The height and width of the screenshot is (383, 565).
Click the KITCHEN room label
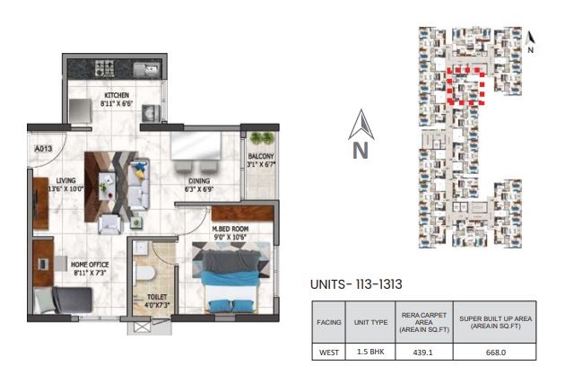tap(117, 95)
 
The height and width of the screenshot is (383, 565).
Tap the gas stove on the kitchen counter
tap(105, 68)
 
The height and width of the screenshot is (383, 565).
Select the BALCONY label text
tap(261, 156)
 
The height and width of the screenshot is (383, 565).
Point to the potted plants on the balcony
tap(262, 138)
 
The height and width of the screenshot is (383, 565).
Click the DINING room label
tap(199, 181)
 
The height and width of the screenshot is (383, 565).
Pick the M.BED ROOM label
tap(230, 229)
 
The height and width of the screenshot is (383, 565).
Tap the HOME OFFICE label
tap(90, 265)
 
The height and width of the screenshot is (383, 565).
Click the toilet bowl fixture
tap(145, 273)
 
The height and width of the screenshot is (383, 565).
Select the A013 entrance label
tap(43, 148)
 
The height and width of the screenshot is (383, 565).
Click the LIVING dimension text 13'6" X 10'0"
tap(66, 188)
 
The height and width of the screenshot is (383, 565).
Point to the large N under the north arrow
tap(361, 151)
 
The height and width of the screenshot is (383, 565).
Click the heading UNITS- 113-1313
tap(356, 284)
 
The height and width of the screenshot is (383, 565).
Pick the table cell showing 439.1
tap(422, 353)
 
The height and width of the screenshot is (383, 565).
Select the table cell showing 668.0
tap(495, 353)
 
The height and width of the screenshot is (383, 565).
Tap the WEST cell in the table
tap(329, 353)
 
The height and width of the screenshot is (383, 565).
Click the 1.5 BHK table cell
tap(370, 352)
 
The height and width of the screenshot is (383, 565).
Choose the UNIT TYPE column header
tap(370, 322)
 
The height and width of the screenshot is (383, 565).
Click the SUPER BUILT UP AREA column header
tap(495, 322)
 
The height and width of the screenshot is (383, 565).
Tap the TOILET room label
tap(157, 297)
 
